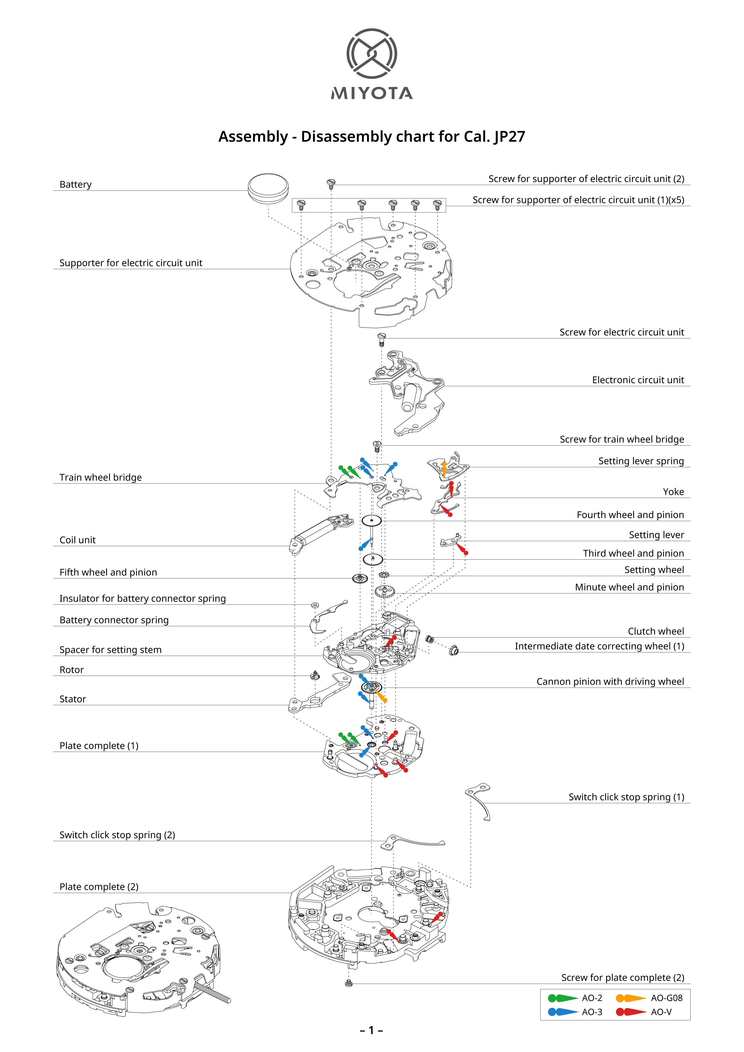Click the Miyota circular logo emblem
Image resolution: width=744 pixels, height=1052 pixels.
tap(372, 54)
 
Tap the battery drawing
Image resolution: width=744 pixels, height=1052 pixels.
tap(268, 187)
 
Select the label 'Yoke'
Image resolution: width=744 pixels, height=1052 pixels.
tap(673, 492)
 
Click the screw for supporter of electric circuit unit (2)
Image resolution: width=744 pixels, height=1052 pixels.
tap(331, 183)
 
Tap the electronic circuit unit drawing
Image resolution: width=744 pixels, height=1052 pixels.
tap(408, 392)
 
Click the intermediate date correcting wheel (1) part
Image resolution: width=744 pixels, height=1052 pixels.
tap(453, 650)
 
